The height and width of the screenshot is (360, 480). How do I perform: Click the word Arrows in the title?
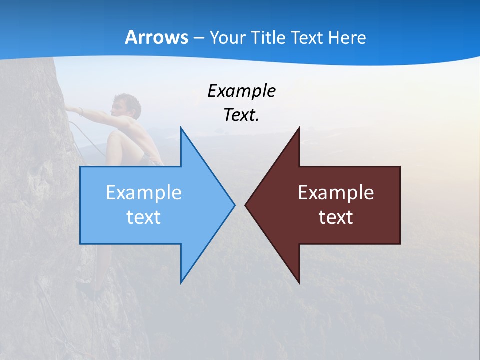click(x=156, y=37)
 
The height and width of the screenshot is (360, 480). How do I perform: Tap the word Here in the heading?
click(x=346, y=37)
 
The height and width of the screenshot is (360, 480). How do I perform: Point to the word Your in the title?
click(x=227, y=37)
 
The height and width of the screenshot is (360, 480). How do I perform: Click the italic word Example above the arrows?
click(x=241, y=91)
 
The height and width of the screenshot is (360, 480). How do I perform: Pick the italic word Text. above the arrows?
click(x=241, y=115)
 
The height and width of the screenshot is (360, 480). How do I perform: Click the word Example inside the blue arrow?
click(x=144, y=192)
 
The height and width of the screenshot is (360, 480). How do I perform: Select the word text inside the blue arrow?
click(x=144, y=217)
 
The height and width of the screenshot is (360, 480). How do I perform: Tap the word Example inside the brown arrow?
click(x=336, y=192)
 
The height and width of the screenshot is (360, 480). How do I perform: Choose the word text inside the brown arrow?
click(x=336, y=217)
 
